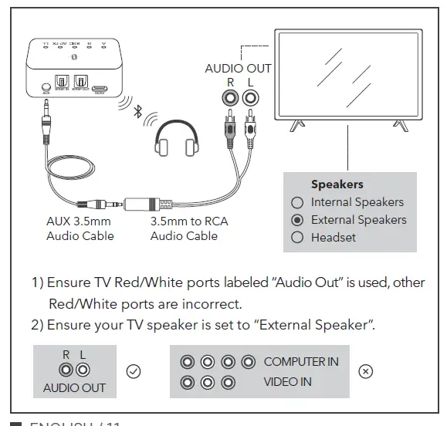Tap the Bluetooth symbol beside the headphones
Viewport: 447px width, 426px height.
[x=137, y=113]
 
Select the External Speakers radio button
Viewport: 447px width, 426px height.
[x=297, y=220]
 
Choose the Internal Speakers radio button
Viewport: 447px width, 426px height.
[x=297, y=202]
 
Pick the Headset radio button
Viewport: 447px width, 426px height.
[x=297, y=238]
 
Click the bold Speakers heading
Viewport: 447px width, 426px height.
[x=337, y=184]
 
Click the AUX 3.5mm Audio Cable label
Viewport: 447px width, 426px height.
[x=80, y=228]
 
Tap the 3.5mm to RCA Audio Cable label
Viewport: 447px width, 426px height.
[x=188, y=228]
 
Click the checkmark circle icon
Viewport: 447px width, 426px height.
[x=133, y=371]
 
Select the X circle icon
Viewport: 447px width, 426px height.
[x=366, y=371]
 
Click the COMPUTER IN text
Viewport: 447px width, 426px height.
[x=301, y=361]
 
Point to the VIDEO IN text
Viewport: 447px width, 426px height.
[x=288, y=381]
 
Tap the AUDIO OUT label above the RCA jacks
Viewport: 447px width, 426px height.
[x=238, y=68]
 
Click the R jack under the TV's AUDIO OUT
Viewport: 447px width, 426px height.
[x=229, y=98]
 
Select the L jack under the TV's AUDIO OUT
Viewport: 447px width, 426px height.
[x=249, y=98]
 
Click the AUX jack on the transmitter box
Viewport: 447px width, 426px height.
[x=47, y=87]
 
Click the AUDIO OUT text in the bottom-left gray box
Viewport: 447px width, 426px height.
[x=74, y=387]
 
